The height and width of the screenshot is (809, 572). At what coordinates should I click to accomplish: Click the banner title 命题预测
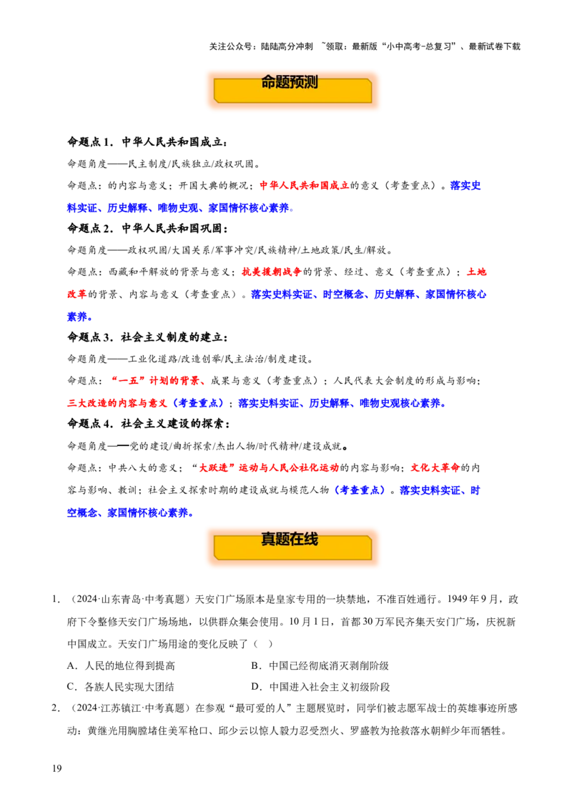pyautogui.click(x=289, y=82)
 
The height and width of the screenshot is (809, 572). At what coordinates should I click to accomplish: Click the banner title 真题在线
pyautogui.click(x=289, y=539)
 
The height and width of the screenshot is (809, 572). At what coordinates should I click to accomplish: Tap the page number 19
pyautogui.click(x=56, y=768)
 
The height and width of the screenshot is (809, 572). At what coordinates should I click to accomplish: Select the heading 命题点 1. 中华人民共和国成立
pyautogui.click(x=147, y=142)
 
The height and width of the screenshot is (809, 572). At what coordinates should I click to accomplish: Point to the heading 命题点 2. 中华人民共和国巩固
pyautogui.click(x=147, y=228)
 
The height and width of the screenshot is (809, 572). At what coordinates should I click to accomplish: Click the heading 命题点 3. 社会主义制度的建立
pyautogui.click(x=147, y=337)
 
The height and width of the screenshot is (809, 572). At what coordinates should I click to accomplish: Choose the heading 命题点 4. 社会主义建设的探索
pyautogui.click(x=148, y=424)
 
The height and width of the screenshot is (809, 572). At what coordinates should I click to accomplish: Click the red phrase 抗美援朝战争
pyautogui.click(x=272, y=272)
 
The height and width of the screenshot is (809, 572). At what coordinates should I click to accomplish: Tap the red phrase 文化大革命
pyautogui.click(x=435, y=467)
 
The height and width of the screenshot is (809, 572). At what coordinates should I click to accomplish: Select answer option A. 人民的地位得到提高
pyautogui.click(x=121, y=665)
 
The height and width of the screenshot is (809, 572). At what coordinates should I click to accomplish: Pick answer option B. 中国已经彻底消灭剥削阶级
pyautogui.click(x=320, y=665)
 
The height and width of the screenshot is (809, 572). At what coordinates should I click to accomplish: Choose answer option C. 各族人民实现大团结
pyautogui.click(x=120, y=687)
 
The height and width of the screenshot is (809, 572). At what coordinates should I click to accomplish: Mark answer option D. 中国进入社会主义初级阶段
pyautogui.click(x=320, y=687)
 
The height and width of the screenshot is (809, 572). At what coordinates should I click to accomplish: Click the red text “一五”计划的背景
pyautogui.click(x=155, y=381)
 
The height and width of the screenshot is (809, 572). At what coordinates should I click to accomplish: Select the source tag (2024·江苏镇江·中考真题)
pyautogui.click(x=130, y=708)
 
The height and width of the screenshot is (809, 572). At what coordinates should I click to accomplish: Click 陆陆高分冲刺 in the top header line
pyautogui.click(x=287, y=46)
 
